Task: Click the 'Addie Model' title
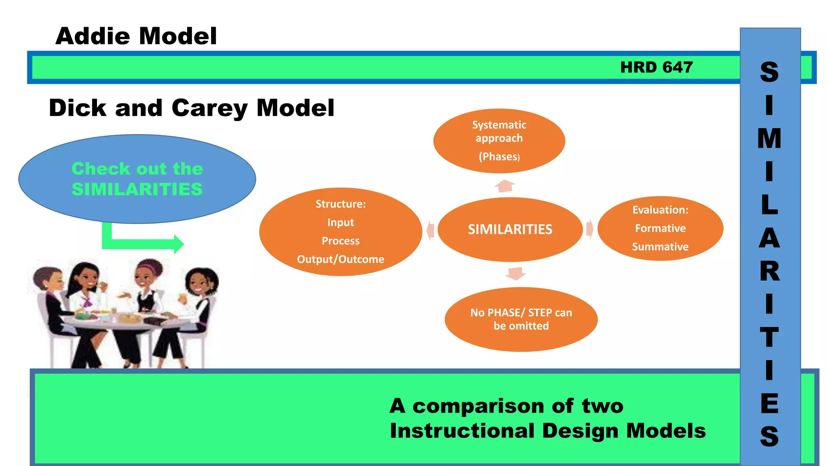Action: tap(136, 36)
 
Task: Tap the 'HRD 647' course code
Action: tap(656, 67)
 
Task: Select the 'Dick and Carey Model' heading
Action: tap(192, 108)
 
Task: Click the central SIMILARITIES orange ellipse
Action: tap(510, 229)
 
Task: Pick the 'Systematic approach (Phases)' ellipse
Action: tap(499, 140)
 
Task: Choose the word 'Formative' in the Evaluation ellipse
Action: tap(660, 228)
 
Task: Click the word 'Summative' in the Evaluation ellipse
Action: tap(660, 247)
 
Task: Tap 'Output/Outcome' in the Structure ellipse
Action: tap(340, 259)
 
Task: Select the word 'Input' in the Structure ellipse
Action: tap(340, 222)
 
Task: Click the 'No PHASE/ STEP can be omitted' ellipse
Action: tap(521, 319)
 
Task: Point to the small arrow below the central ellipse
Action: tap(515, 273)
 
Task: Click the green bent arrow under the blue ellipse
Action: tap(142, 243)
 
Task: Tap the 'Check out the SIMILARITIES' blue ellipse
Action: tap(137, 179)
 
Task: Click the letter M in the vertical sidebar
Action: tap(769, 139)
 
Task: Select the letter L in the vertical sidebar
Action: tap(769, 205)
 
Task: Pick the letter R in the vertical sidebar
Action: tap(769, 271)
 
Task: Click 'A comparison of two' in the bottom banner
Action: tap(506, 406)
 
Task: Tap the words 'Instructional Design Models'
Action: tap(547, 431)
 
